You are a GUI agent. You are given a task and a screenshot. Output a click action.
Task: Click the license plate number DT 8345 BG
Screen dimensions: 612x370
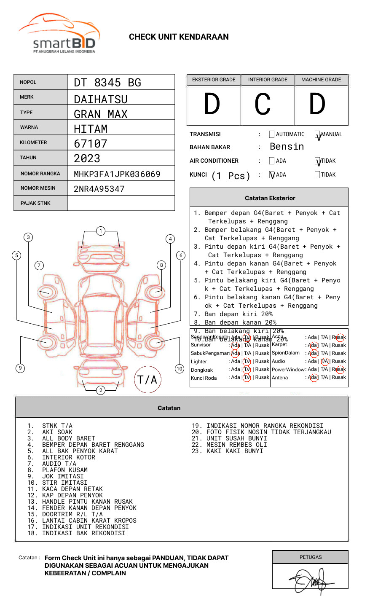(x=107, y=83)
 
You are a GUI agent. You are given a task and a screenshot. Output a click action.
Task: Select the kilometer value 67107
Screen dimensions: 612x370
(x=91, y=144)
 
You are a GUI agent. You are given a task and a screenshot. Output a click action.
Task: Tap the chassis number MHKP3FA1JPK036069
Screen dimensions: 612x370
(x=117, y=174)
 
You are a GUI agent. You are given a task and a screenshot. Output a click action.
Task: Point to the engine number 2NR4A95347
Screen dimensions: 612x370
(x=99, y=189)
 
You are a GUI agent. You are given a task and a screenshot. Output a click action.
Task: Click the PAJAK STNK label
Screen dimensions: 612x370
(x=35, y=203)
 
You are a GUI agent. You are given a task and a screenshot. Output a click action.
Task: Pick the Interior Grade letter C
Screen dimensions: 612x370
(x=263, y=104)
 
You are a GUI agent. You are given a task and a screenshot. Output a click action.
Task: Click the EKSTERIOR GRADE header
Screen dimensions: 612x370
(x=214, y=80)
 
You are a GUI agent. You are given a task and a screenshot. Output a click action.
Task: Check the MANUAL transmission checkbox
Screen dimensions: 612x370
(x=318, y=134)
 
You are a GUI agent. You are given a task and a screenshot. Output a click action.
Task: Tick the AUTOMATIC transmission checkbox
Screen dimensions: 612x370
(x=272, y=134)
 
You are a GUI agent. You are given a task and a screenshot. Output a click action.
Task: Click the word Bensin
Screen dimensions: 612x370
(x=287, y=147)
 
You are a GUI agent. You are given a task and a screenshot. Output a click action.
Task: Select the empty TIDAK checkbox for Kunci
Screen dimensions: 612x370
(x=317, y=175)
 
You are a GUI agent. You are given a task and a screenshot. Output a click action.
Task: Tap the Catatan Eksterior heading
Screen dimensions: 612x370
(x=270, y=198)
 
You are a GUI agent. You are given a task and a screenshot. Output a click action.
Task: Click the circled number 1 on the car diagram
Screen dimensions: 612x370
(x=100, y=231)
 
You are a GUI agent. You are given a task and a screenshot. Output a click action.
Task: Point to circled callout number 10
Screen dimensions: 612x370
(x=180, y=369)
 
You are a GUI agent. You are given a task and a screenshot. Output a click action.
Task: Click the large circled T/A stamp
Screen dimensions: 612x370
(x=147, y=379)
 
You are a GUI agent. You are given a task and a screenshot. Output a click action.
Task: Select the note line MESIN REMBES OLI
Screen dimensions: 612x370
(x=236, y=445)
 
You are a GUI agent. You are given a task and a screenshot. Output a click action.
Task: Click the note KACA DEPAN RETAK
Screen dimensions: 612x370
(x=72, y=489)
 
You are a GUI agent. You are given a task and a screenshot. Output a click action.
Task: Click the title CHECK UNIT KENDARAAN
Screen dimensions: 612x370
(x=179, y=37)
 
